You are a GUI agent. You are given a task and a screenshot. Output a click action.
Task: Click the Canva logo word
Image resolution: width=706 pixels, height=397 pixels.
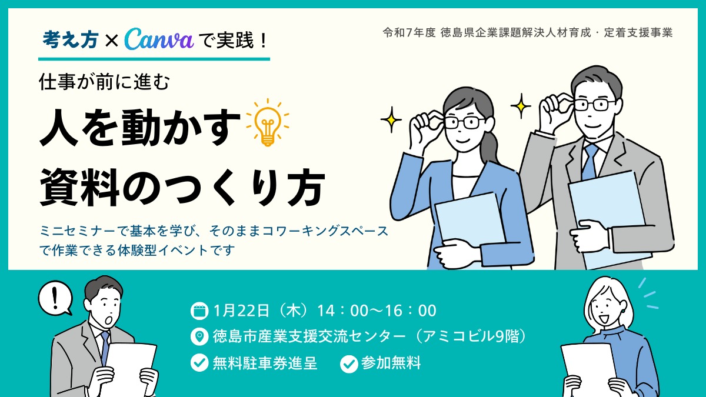[x=159, y=39]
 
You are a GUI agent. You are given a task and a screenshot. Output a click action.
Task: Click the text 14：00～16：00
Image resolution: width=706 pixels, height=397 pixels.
[x=377, y=310]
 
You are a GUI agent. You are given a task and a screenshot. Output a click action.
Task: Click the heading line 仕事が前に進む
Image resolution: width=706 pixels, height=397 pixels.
[x=104, y=82]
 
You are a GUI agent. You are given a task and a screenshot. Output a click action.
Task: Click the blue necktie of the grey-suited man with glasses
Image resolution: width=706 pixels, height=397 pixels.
[x=589, y=161]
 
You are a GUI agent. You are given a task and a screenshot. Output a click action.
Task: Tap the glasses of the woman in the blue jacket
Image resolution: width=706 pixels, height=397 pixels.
[x=463, y=122]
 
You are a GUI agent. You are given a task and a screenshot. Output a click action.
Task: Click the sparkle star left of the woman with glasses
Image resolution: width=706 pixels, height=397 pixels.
[x=391, y=120]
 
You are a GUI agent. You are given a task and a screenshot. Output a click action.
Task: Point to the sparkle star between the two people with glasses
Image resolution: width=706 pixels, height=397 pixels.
[x=521, y=106]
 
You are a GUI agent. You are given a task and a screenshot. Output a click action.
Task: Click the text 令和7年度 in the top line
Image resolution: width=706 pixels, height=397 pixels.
[x=409, y=33]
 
